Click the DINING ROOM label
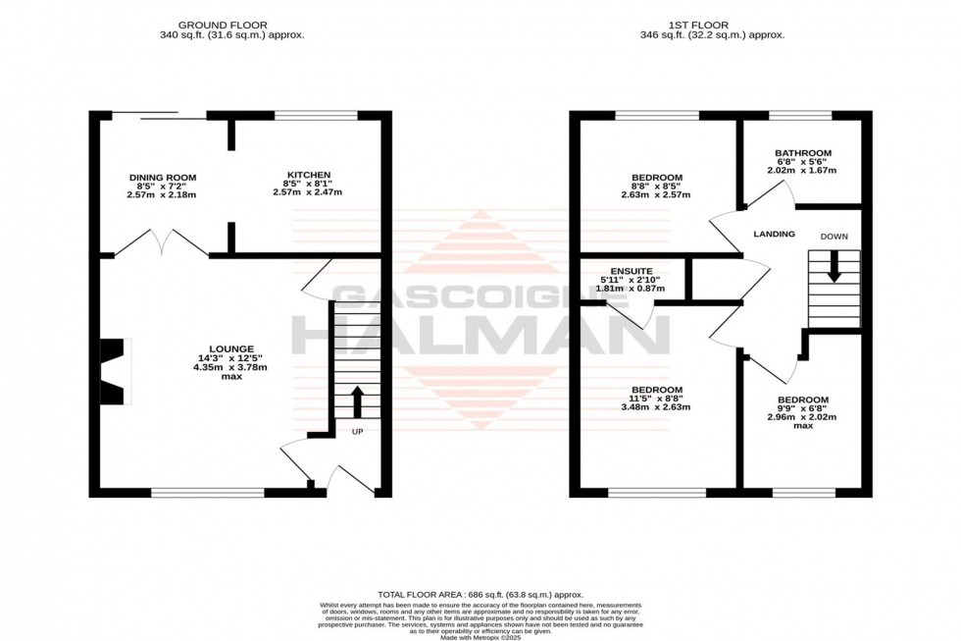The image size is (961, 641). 163,178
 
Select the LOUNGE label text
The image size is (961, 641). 230,348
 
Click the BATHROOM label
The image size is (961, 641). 802,153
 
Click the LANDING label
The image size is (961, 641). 774,235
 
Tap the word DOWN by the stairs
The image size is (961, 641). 835,237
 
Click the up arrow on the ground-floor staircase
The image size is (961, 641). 356,401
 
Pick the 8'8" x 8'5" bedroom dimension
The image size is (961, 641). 656,187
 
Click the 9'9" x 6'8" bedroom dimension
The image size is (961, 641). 802,409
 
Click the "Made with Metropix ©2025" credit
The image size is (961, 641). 480,637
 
